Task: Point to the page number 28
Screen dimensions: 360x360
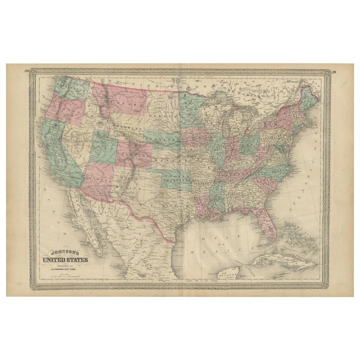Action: (x=27, y=71)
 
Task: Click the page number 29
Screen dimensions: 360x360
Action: (x=333, y=72)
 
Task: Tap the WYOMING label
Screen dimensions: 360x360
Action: (x=129, y=127)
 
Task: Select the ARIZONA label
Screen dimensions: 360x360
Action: (x=100, y=180)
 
